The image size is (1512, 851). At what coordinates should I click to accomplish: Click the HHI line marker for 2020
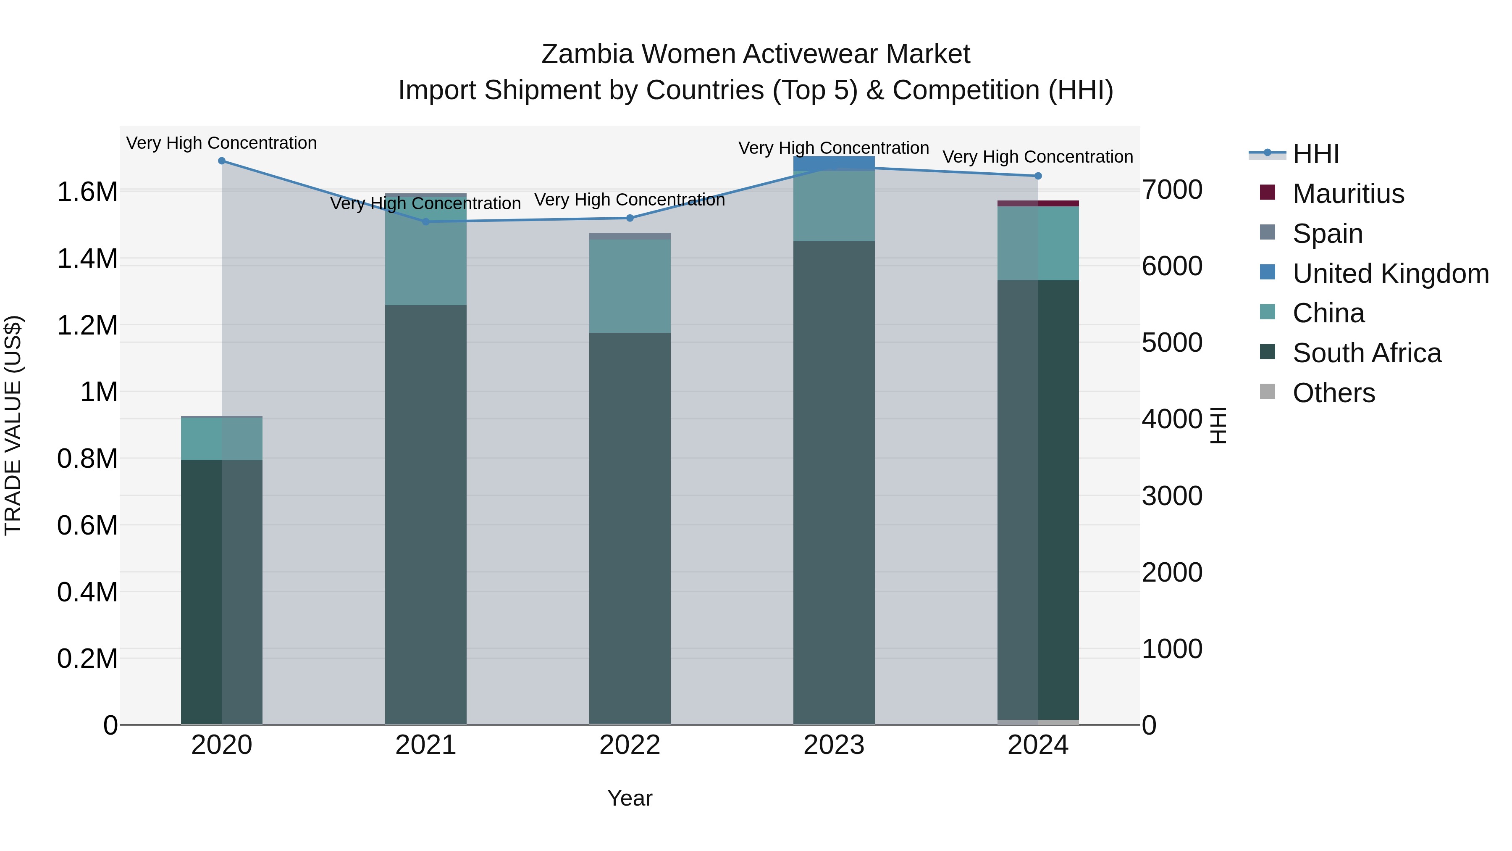[x=221, y=161]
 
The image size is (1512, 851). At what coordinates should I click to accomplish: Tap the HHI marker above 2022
[x=630, y=218]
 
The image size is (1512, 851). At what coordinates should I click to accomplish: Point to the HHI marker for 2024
[x=1038, y=176]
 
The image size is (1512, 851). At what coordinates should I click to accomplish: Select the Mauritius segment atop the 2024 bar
[x=1038, y=203]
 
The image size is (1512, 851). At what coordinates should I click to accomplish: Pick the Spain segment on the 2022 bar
[x=630, y=236]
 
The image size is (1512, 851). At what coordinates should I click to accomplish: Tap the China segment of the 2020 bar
[x=221, y=438]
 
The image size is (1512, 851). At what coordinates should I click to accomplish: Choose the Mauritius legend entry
[x=1348, y=194]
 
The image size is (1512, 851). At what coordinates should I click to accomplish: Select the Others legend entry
[x=1333, y=393]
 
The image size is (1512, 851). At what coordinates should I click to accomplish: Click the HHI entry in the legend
[x=1315, y=154]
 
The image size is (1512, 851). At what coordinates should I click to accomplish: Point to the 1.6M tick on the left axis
[x=87, y=192]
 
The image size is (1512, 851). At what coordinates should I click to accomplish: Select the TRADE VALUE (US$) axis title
[x=13, y=425]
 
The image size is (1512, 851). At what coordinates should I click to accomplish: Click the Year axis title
[x=630, y=798]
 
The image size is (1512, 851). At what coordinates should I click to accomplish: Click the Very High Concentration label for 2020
[x=221, y=143]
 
